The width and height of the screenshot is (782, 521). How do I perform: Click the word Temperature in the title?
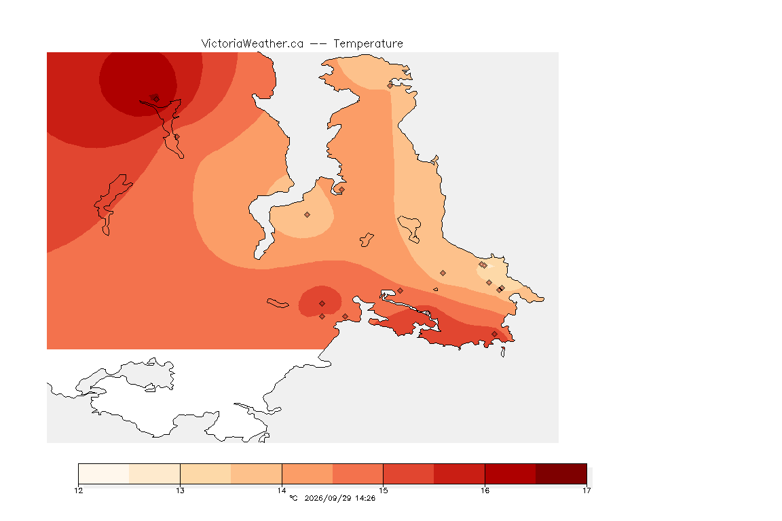point(368,44)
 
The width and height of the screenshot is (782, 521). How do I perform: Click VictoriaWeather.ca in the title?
point(253,44)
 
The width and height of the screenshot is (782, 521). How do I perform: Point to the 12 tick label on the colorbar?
point(78,490)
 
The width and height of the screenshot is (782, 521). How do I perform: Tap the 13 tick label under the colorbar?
point(180,490)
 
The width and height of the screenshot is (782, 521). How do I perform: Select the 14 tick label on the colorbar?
point(282,490)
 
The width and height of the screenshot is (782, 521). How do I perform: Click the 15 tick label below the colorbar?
point(383,490)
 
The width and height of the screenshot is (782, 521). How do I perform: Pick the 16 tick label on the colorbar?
point(485,490)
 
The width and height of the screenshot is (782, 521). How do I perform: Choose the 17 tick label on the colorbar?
point(586,490)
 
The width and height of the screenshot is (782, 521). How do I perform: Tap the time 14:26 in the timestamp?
point(365,498)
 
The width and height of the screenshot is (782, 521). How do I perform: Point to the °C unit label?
point(293,498)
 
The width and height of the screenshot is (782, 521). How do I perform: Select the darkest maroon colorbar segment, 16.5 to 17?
point(561,474)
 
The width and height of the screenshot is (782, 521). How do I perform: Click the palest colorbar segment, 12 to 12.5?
point(104,474)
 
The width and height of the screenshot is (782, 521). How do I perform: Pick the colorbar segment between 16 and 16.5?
point(510,474)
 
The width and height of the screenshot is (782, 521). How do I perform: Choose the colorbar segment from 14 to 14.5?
point(308,474)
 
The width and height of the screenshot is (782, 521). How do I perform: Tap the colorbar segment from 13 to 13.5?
point(206,474)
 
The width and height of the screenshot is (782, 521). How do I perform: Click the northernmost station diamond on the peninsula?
point(390,85)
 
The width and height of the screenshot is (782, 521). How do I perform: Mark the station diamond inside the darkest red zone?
point(156,99)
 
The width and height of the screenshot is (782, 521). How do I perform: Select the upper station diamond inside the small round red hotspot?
point(322,304)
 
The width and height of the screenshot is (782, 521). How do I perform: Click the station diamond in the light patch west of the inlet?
point(308,215)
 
